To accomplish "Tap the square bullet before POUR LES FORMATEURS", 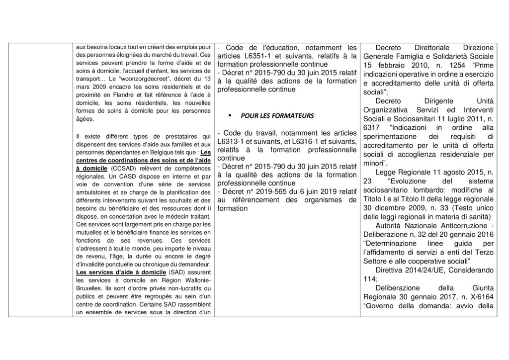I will coord(231,116).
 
